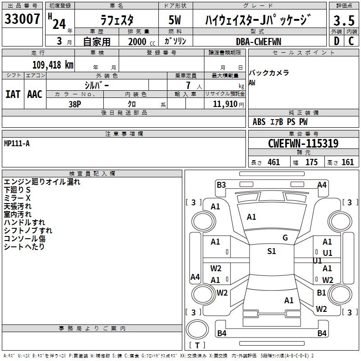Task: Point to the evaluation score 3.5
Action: point(343,21)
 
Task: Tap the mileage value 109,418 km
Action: point(52,65)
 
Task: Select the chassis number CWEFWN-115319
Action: point(303,143)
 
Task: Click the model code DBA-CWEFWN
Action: point(258,41)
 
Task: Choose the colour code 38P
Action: point(74,103)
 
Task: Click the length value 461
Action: point(273,162)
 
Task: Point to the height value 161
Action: point(347,162)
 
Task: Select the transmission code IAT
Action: point(13,94)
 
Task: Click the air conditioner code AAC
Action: point(35,94)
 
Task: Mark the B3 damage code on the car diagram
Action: point(221,185)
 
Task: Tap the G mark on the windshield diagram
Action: point(285,238)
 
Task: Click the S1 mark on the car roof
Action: point(272,251)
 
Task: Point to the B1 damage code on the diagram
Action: point(321,292)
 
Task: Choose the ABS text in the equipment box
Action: point(259,122)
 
